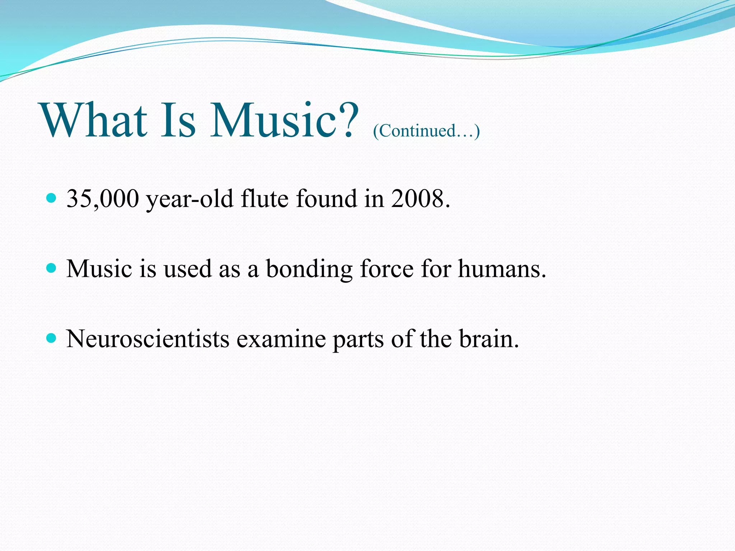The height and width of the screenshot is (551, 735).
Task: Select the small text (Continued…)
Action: click(x=426, y=131)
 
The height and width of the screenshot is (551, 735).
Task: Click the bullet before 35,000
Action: click(x=52, y=198)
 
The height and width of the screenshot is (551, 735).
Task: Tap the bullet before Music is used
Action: click(x=52, y=268)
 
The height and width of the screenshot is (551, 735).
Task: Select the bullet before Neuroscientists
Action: click(x=52, y=338)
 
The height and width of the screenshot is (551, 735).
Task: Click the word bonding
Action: click(x=309, y=269)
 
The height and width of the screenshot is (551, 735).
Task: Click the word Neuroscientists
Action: click(x=148, y=339)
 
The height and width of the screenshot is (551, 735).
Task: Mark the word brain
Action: click(x=489, y=339)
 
